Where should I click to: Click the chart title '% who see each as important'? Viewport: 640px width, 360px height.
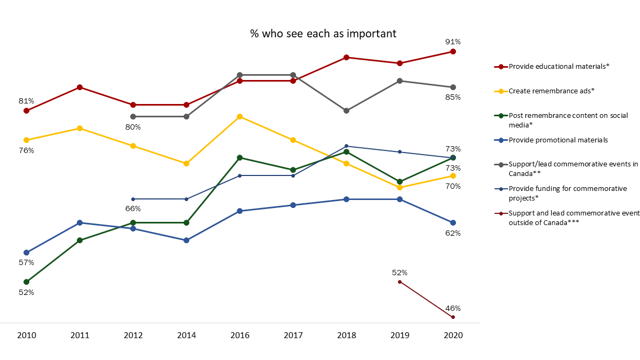point(323,33)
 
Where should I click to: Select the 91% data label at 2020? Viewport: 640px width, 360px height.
point(453,42)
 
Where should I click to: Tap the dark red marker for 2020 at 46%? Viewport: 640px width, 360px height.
point(453,317)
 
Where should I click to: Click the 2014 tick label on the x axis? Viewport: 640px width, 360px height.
point(187,335)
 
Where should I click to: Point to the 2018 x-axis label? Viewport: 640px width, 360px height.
point(347,335)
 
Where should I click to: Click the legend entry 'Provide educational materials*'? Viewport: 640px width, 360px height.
point(559,66)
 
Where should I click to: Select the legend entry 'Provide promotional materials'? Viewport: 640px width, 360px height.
point(558,140)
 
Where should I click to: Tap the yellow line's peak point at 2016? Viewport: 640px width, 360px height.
point(240,116)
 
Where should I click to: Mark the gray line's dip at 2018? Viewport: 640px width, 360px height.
point(347,110)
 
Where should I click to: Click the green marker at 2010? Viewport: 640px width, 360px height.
point(27,282)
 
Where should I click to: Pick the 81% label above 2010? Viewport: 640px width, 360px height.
point(27,101)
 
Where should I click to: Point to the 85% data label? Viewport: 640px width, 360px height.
point(453,97)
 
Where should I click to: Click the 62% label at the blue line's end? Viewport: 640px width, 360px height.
point(453,233)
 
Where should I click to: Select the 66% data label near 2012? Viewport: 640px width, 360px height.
point(133,209)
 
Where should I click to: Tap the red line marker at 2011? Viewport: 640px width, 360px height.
point(80,87)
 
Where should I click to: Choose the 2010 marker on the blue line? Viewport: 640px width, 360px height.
point(27,252)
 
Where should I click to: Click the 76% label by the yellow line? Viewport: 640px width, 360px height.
point(27,150)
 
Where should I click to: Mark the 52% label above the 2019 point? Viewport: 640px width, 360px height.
point(400,273)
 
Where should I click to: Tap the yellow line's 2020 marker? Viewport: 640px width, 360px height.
point(453,175)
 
